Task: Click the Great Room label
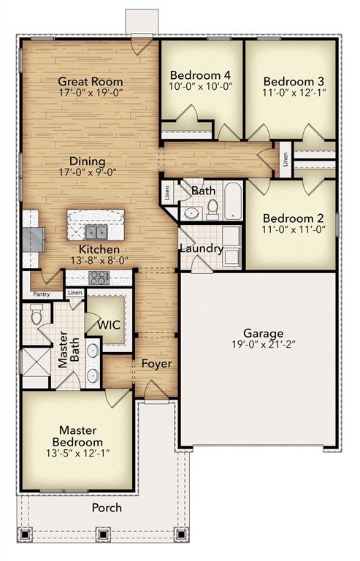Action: pyautogui.click(x=91, y=82)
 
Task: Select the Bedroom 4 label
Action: pyautogui.click(x=200, y=75)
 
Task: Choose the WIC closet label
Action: pyautogui.click(x=109, y=324)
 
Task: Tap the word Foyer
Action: pyautogui.click(x=156, y=363)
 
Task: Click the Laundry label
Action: pyautogui.click(x=201, y=248)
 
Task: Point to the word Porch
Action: pyautogui.click(x=107, y=508)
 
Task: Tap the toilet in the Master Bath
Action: pyautogui.click(x=37, y=314)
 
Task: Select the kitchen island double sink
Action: pyautogui.click(x=96, y=232)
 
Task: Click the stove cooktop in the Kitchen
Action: pyautogui.click(x=99, y=278)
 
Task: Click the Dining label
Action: pyautogui.click(x=88, y=161)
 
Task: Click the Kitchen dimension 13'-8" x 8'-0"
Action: pyautogui.click(x=93, y=260)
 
